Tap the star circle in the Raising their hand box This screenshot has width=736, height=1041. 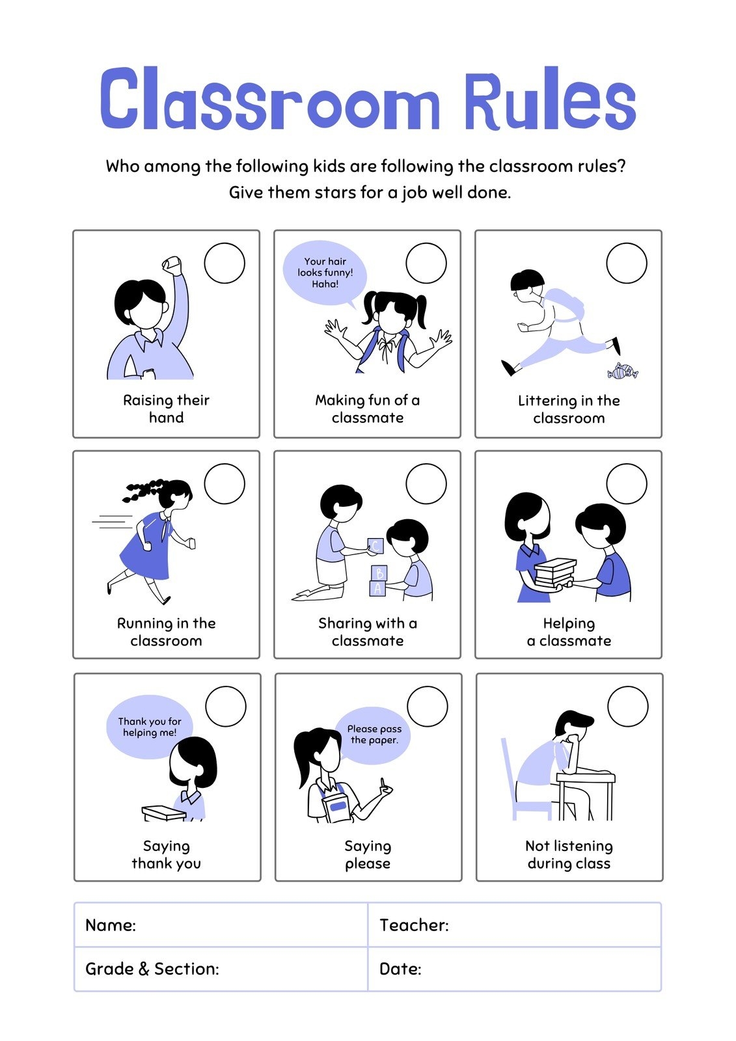point(225,263)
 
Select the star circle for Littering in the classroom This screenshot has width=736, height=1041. point(627,263)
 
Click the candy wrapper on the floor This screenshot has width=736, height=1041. point(623,372)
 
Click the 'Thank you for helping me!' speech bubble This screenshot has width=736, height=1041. point(150,727)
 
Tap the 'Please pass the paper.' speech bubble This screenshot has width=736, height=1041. point(374,735)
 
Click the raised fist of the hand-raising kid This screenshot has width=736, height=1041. point(172,265)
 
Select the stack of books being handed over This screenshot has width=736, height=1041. point(554,573)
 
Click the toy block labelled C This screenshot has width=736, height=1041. point(375,546)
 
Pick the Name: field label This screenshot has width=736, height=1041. point(111,925)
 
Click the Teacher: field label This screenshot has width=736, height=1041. point(414,925)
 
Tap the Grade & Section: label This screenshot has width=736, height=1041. point(152,969)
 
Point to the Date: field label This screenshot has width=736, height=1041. point(400,969)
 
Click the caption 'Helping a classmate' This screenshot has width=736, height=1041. point(569,632)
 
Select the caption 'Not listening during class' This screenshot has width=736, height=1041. point(569,854)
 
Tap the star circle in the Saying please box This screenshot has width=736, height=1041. point(428,706)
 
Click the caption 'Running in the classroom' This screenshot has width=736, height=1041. point(166,632)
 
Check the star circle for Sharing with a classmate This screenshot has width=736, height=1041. point(426,483)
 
